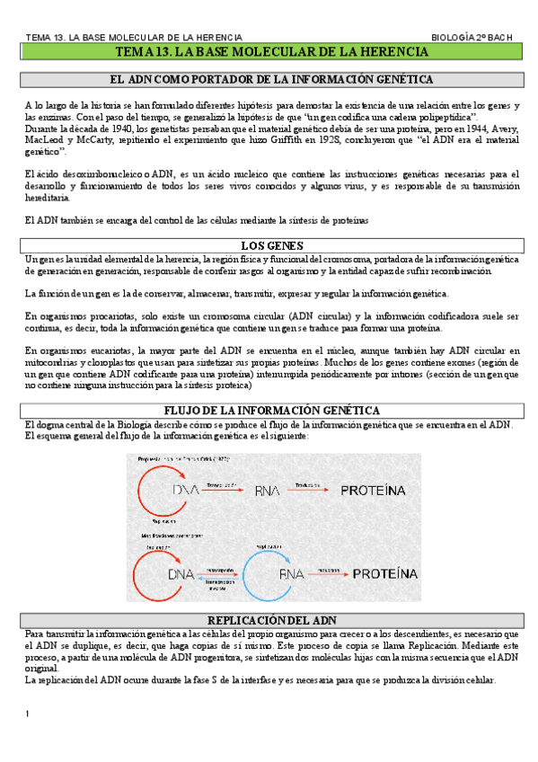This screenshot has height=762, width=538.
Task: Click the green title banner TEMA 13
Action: click(x=269, y=54)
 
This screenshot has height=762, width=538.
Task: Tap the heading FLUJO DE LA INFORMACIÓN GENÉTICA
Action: click(x=269, y=411)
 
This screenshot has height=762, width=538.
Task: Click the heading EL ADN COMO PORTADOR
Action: click(x=269, y=80)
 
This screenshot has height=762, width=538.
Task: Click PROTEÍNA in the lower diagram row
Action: click(x=384, y=572)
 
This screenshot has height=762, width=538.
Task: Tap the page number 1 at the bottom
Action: click(x=28, y=713)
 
